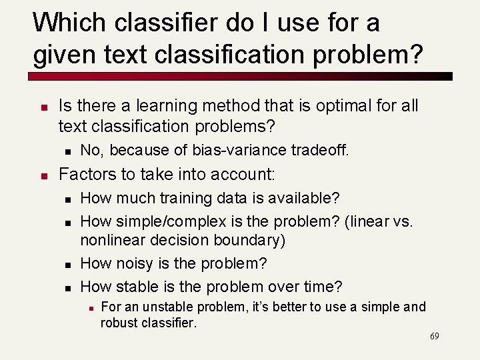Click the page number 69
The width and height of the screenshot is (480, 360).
tap(434, 336)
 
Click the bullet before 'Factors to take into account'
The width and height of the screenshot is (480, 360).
tap(43, 175)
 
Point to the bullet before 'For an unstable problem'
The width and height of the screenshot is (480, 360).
tap(90, 307)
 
